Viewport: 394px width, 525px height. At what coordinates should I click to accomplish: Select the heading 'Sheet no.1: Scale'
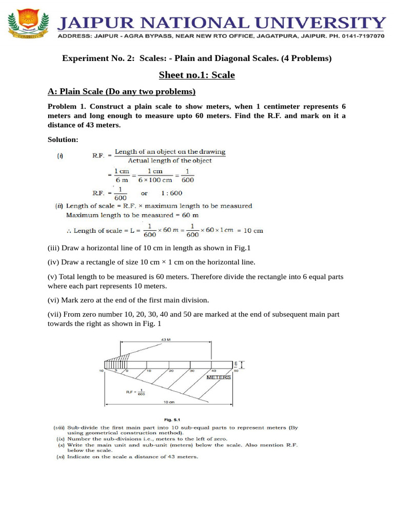point(196,75)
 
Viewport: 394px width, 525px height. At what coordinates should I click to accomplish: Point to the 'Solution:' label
point(63,139)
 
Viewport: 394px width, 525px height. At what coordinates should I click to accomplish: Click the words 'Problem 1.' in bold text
point(66,107)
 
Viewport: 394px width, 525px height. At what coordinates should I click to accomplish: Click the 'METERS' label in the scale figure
point(219,377)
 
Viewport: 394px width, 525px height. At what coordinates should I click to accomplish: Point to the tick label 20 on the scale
point(170,370)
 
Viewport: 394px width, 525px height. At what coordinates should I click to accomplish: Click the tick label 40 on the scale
point(213,370)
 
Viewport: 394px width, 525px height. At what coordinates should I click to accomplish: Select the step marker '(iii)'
point(54,248)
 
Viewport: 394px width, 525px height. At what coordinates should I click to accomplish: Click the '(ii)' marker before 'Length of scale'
point(59,206)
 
